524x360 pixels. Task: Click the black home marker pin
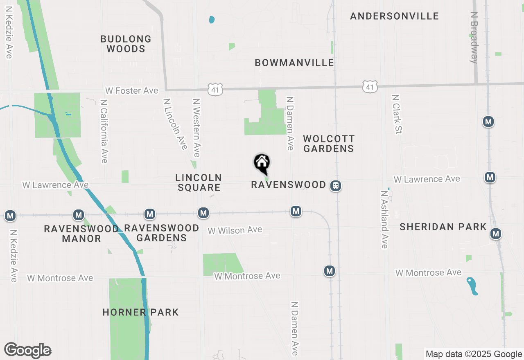pos(262,164)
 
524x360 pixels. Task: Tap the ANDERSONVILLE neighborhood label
pos(394,16)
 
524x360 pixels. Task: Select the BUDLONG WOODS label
pos(126,44)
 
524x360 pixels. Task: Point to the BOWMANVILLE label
pos(294,63)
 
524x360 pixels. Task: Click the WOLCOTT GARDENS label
pos(329,144)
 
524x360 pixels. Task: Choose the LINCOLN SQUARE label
pos(199,182)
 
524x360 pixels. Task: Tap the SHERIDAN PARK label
pos(443,227)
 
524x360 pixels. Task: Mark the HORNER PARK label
pos(140,312)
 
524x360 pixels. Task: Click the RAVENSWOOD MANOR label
pos(81,234)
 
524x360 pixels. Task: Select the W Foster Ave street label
pos(131,90)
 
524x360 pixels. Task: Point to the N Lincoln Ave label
pos(175,124)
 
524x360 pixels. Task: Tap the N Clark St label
pos(397,114)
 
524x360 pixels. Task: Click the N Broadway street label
pos(474,37)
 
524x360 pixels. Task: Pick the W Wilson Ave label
pos(235,230)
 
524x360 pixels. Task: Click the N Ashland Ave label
pos(384,219)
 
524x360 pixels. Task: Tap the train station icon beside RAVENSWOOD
pos(336,186)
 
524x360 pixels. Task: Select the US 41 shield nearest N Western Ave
pos(215,89)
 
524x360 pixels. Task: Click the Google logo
pos(27,351)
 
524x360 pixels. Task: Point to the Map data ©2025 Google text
pos(474,354)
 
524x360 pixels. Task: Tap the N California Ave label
pos(104,131)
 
